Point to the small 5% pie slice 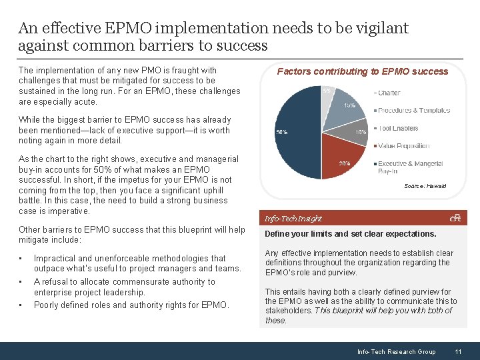[327, 93]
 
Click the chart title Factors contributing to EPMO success [362, 71]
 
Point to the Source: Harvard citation [425, 186]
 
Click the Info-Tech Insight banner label [293, 218]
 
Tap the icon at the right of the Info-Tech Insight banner [455, 217]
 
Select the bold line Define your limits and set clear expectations [350, 234]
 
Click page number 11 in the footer [458, 351]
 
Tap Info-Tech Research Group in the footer [396, 351]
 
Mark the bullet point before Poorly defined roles [21, 305]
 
